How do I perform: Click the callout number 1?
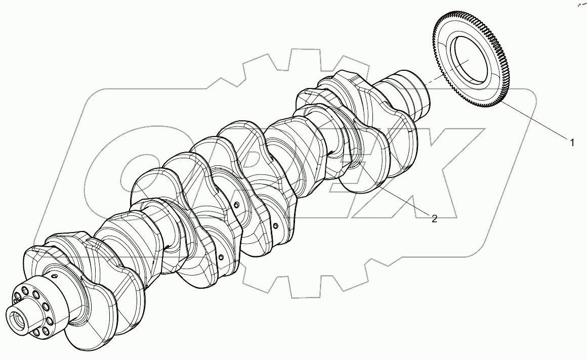(x=572, y=143)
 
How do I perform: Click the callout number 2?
(x=434, y=218)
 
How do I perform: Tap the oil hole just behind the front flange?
(x=52, y=277)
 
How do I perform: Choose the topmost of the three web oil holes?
(x=236, y=204)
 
